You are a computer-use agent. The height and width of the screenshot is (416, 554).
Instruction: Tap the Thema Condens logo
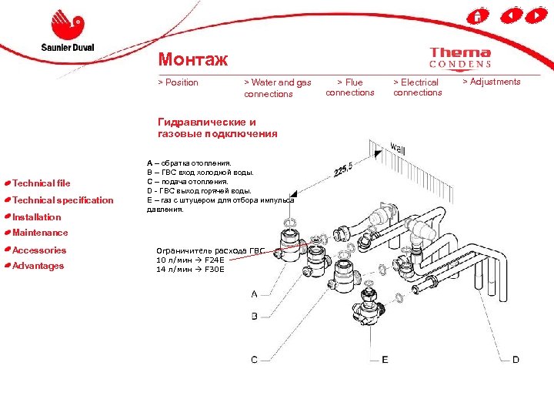(460, 58)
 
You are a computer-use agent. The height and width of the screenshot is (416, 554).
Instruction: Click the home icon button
(477, 16)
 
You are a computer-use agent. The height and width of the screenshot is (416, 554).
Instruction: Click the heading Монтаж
(192, 59)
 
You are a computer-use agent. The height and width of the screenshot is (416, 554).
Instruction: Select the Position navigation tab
(178, 82)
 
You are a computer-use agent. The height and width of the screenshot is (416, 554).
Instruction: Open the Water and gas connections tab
(277, 88)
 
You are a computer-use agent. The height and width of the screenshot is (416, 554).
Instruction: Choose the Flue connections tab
(350, 87)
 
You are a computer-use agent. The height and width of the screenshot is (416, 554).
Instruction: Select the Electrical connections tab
(417, 87)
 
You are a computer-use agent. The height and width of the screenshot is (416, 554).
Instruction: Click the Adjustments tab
(492, 82)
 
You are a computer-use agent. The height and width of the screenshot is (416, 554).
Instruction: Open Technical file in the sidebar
(42, 183)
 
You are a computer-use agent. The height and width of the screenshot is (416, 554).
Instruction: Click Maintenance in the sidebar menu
(40, 233)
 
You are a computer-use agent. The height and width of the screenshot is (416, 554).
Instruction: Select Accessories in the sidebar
(39, 250)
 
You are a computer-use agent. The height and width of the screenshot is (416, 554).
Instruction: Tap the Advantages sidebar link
(38, 266)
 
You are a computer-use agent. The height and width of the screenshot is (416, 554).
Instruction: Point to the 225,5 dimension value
(343, 169)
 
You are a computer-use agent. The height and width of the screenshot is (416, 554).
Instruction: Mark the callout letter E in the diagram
(385, 360)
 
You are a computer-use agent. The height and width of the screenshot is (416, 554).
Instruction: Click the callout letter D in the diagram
(516, 360)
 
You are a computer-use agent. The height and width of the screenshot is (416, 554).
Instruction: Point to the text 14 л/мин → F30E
(190, 270)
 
